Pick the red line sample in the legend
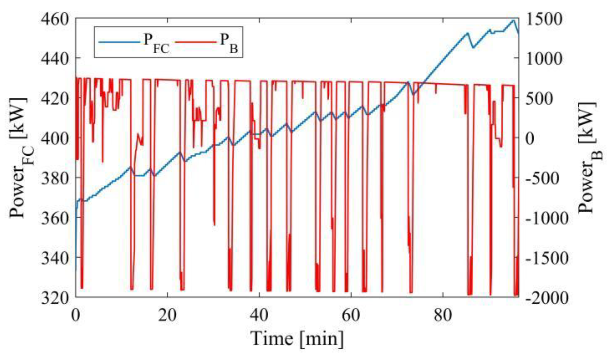[x=196, y=42]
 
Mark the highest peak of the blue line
[x=513, y=21]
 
